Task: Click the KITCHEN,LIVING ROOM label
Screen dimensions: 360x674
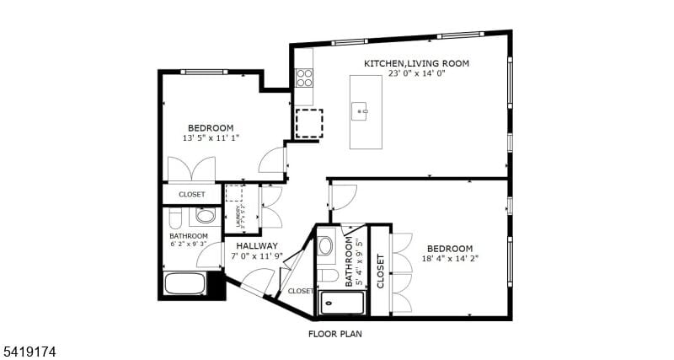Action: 416,63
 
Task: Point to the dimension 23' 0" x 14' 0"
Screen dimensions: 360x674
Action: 416,74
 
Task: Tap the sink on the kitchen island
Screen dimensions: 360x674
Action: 362,110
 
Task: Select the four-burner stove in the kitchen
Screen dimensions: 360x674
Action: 304,78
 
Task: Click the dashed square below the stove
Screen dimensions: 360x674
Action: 308,123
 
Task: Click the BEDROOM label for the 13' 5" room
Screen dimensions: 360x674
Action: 210,128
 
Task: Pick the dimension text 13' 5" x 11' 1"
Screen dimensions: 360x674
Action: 211,138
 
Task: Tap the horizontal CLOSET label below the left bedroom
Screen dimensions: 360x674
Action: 191,195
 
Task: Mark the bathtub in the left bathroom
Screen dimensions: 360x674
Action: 185,283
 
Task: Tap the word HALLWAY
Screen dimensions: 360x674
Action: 257,246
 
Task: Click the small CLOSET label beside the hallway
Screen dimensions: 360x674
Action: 300,291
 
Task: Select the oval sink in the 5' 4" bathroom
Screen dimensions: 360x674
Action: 327,247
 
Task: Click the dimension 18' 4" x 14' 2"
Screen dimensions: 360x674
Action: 449,259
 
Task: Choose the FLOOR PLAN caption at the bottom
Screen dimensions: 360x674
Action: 336,333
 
